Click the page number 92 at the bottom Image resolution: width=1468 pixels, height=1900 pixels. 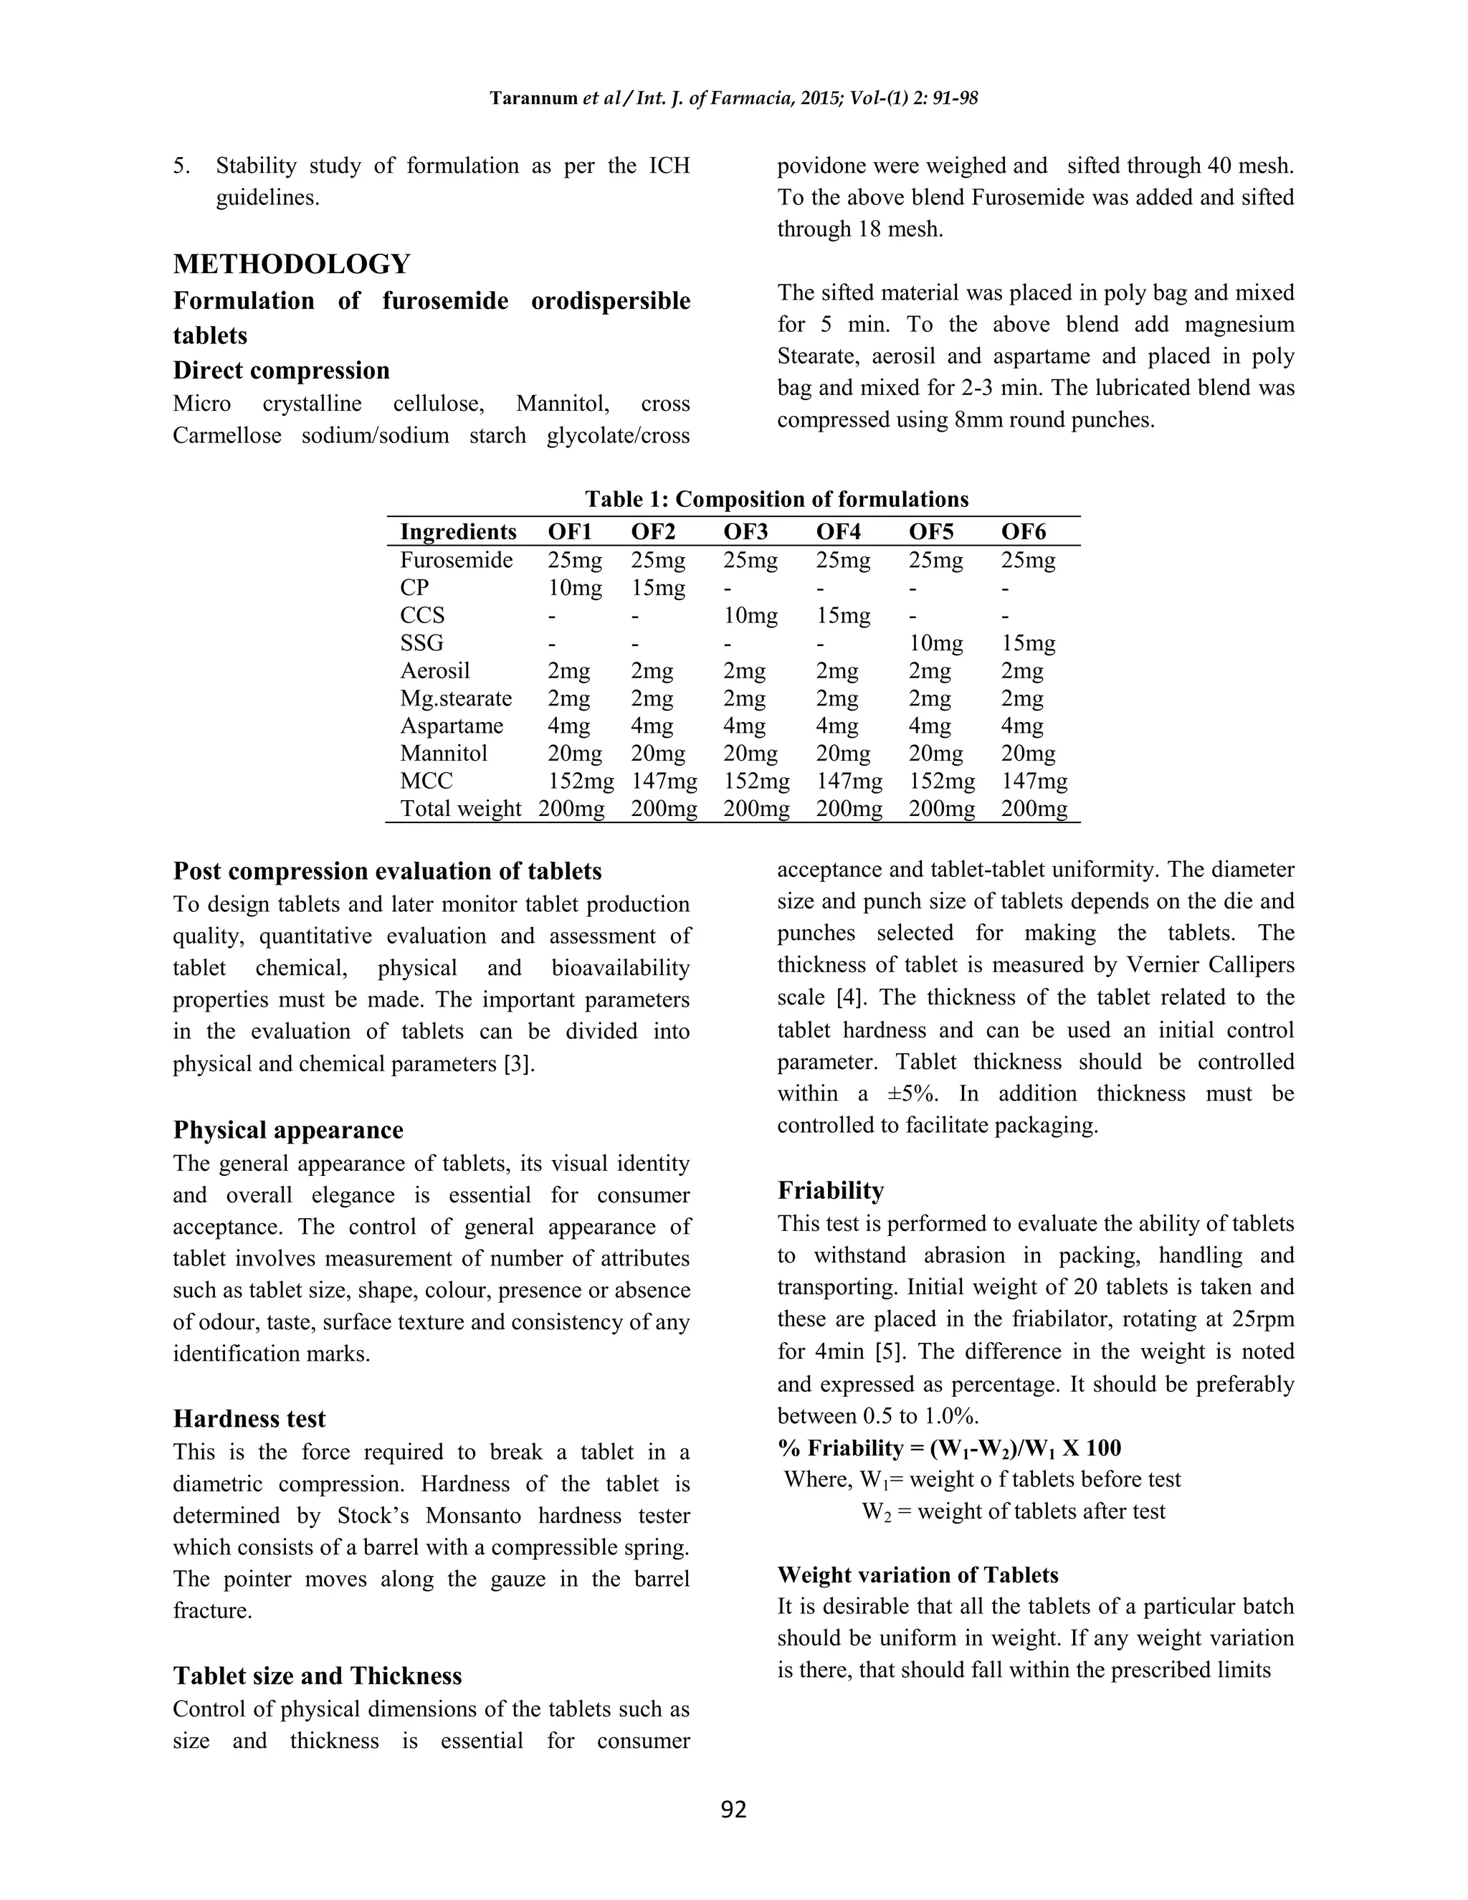coord(734,1810)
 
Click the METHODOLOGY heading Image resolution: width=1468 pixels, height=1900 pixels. coord(291,264)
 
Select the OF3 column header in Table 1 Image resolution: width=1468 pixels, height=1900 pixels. coord(746,531)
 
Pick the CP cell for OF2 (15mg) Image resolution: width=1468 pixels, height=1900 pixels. coord(658,588)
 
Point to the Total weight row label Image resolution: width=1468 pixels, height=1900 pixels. coord(460,809)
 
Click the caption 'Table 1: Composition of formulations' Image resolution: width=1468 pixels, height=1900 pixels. coord(776,499)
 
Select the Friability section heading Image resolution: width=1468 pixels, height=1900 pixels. coord(831,1190)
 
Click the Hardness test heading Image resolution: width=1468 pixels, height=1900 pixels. coord(249,1419)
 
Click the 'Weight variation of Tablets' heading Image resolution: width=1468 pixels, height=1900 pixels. coord(917,1574)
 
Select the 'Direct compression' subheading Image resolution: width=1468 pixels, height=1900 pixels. coord(281,371)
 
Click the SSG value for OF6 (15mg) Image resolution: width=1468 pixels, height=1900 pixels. coord(1028,644)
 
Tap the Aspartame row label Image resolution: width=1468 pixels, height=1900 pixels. coord(452,726)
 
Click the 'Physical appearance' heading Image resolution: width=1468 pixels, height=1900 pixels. coord(288,1130)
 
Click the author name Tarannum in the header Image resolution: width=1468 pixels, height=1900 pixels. coord(533,98)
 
